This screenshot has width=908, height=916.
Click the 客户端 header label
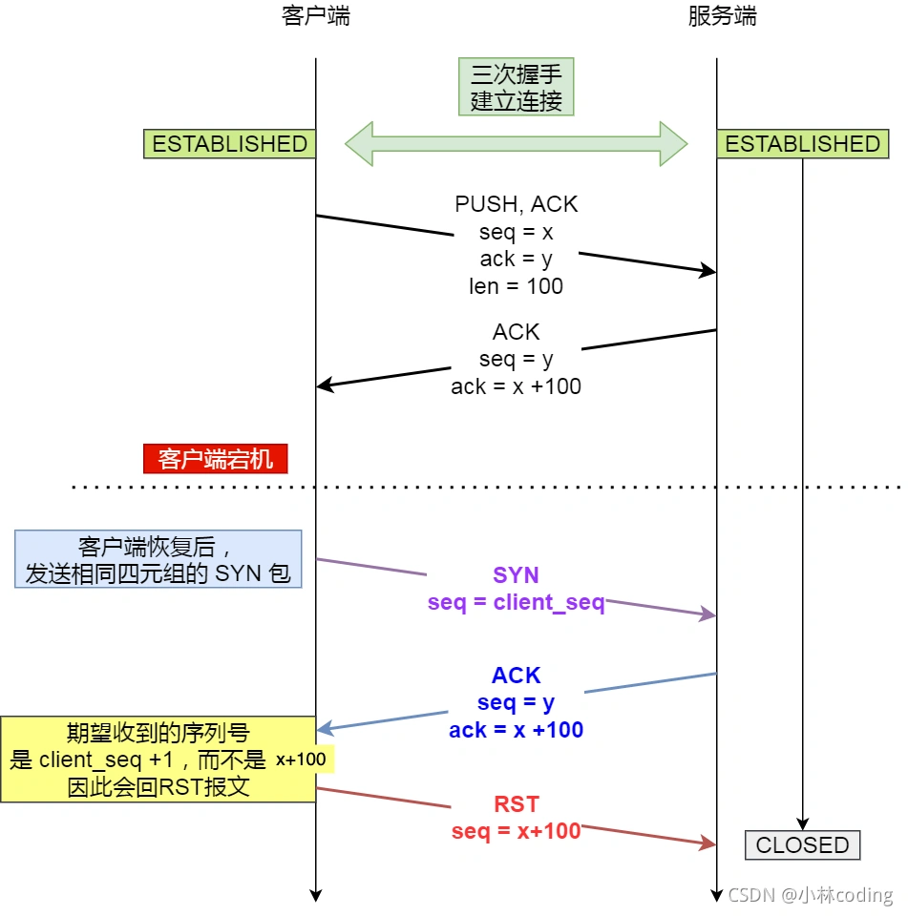tap(316, 16)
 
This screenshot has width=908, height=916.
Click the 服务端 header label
tap(722, 16)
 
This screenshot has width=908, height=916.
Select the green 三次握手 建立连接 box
tap(516, 87)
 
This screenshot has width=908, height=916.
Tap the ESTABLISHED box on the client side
tap(230, 144)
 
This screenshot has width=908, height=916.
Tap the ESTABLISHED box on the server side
tap(803, 144)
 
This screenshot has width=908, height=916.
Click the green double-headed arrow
tap(516, 144)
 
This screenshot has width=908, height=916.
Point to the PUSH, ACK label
tap(516, 204)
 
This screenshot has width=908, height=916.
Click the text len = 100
tap(516, 286)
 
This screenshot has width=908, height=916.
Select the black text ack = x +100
tap(516, 386)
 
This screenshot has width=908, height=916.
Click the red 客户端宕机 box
tap(216, 459)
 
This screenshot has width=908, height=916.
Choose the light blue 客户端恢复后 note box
tap(158, 560)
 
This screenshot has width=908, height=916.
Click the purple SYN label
tap(516, 575)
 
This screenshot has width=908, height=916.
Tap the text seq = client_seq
tap(516, 603)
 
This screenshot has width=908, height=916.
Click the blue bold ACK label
tap(516, 676)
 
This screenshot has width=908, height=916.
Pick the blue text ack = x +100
tap(516, 731)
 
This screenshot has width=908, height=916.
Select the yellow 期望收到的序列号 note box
tap(158, 760)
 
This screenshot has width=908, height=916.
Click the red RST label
tap(516, 803)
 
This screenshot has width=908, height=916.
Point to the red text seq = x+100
tap(516, 831)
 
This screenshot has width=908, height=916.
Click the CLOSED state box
tap(802, 845)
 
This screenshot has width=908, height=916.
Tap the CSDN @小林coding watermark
tap(810, 895)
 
